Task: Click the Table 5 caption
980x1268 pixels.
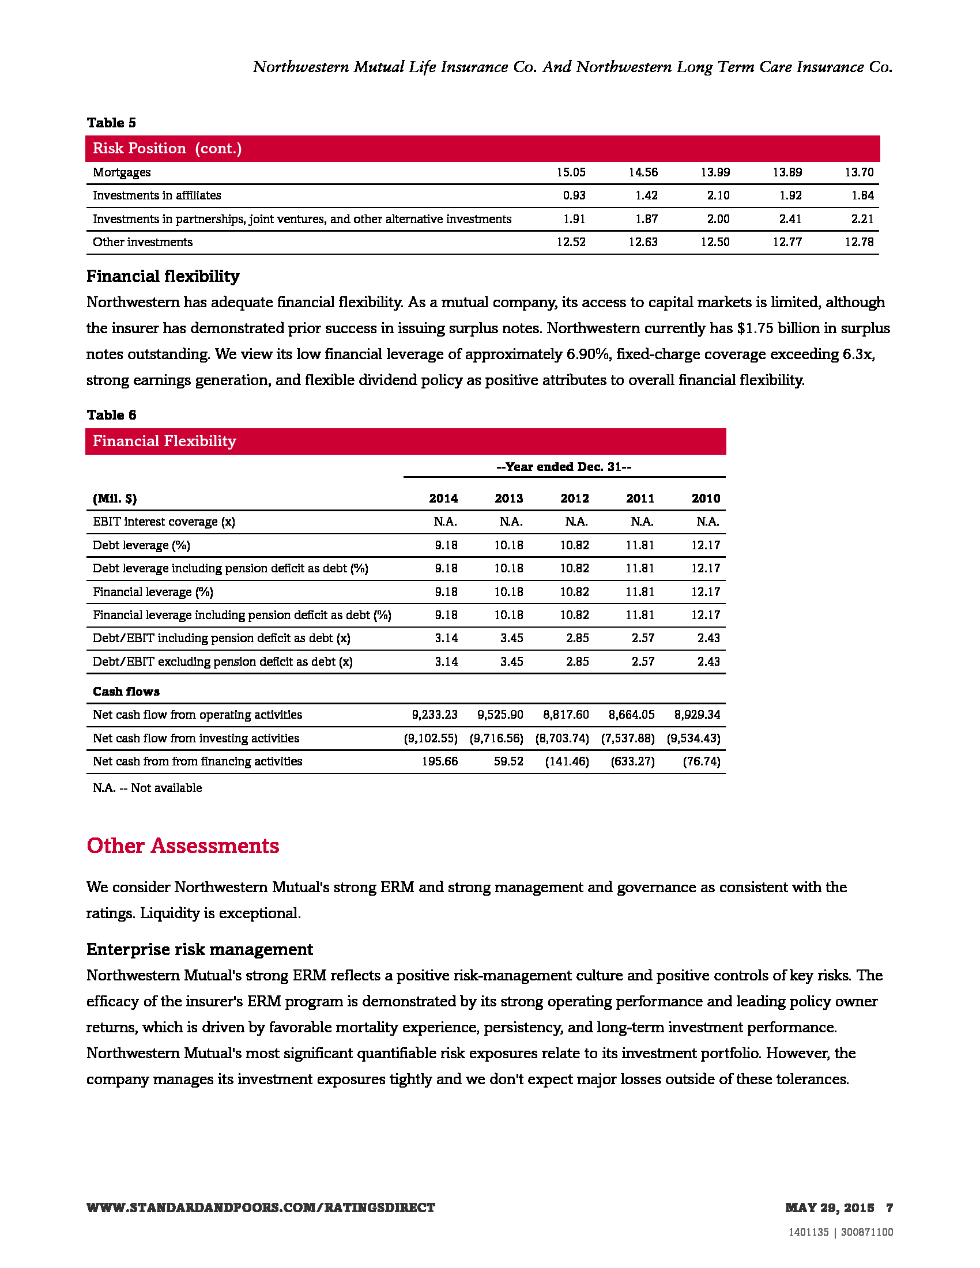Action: pos(111,123)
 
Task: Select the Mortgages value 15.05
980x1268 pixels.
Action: pos(571,172)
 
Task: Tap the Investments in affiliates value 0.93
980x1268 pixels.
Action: pos(574,195)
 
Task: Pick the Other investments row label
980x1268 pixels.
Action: pos(143,242)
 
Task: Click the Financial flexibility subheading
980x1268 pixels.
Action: pos(163,276)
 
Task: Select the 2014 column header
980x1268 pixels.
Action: pos(443,499)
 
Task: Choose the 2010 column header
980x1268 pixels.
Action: pos(706,499)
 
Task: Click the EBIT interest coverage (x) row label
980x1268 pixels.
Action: pos(164,522)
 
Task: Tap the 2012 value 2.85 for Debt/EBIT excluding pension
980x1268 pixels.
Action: pos(577,662)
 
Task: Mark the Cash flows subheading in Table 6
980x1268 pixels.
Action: pos(126,692)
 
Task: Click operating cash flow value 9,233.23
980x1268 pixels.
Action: pos(434,715)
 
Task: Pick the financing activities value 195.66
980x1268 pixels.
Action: pos(439,761)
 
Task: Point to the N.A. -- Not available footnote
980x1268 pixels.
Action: pos(148,788)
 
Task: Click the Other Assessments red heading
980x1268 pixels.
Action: pos(183,846)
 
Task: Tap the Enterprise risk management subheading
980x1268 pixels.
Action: pos(199,949)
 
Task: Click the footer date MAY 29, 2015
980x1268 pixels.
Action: pos(829,1207)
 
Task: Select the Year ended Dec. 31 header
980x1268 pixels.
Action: pos(564,467)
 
